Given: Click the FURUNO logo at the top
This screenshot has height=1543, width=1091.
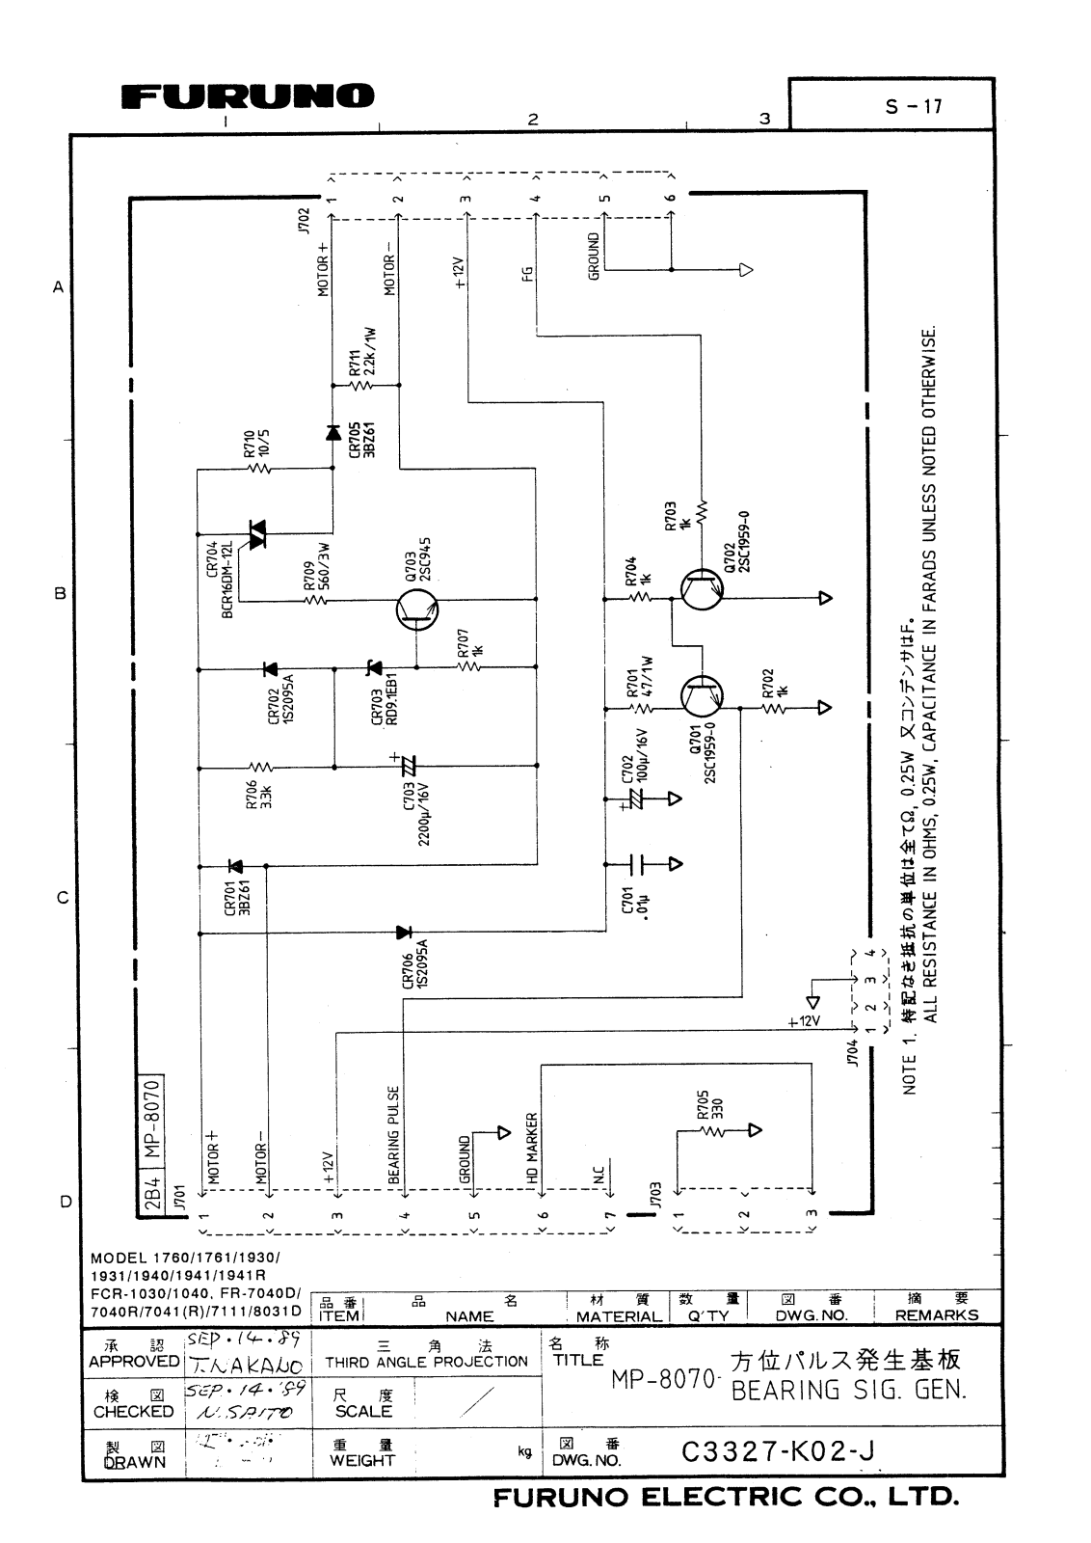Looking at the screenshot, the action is (x=249, y=96).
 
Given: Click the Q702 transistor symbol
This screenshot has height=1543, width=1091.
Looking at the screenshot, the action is (x=701, y=589).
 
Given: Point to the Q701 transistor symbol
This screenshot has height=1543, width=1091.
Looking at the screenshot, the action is (x=701, y=693).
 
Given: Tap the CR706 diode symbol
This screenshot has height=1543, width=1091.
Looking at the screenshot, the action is (x=404, y=933).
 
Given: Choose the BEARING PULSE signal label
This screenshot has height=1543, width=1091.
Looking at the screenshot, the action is (x=394, y=1135).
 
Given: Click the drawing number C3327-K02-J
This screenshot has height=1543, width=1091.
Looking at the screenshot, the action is (x=777, y=1451).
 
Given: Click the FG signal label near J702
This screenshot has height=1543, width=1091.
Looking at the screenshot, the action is (x=527, y=274).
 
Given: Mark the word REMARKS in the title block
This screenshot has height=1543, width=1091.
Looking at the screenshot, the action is (x=936, y=1315).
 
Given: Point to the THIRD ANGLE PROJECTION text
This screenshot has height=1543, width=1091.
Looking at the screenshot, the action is (x=426, y=1362).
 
